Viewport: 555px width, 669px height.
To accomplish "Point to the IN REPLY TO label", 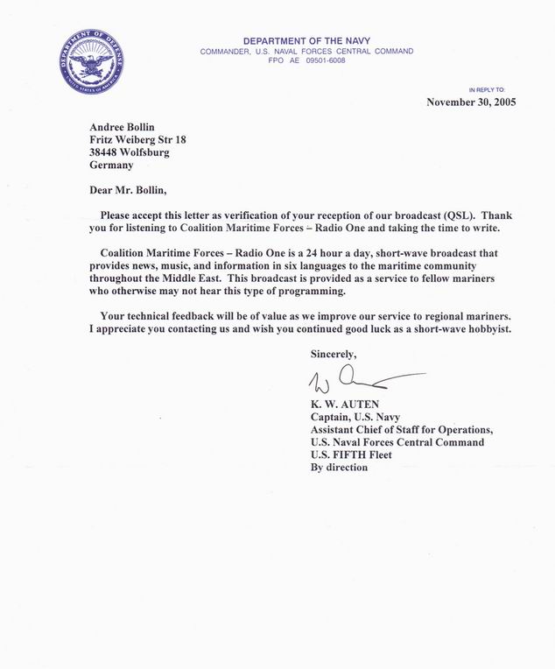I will click(x=493, y=90).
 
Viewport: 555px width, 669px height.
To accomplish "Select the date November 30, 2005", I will click(x=471, y=102).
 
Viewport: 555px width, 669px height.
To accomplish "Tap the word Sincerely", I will click(x=334, y=354).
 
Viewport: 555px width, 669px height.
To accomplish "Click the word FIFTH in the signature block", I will click(x=350, y=454).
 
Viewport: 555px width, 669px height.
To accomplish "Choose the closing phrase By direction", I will click(x=340, y=467).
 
